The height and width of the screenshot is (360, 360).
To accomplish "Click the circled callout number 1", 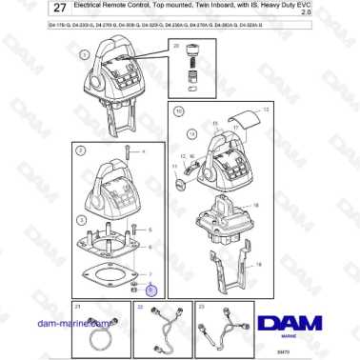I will (x=84, y=54).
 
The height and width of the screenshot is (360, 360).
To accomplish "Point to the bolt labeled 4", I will (x=127, y=152).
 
